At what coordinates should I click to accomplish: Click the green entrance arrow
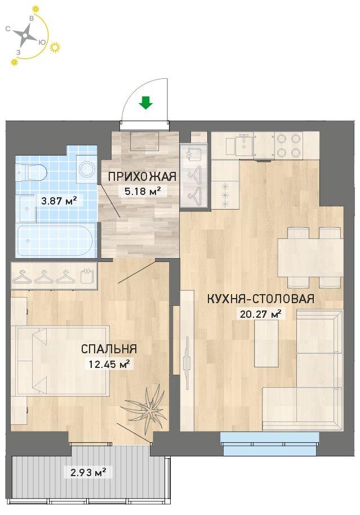click(x=146, y=103)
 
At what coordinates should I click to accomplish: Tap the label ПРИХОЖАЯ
click(x=142, y=176)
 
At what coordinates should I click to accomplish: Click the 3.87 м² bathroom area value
click(x=59, y=200)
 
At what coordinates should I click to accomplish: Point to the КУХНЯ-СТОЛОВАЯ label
click(x=260, y=299)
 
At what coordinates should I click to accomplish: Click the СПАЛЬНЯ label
click(x=109, y=349)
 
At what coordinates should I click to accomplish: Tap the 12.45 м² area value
click(x=109, y=363)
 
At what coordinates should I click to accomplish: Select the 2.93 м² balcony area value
click(x=88, y=473)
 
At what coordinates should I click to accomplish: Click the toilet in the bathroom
click(x=32, y=171)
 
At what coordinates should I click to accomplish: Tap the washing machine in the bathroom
click(x=87, y=169)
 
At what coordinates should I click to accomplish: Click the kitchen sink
click(x=244, y=144)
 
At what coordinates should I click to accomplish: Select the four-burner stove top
click(x=288, y=145)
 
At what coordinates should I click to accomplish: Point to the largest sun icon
click(x=55, y=48)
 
